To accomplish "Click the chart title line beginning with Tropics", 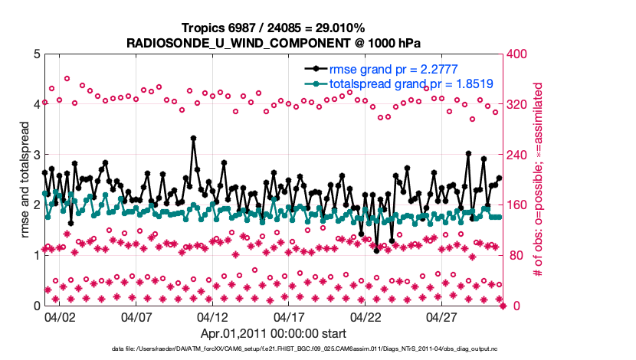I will point(273,28).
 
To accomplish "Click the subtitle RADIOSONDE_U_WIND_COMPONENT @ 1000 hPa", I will point(273,42).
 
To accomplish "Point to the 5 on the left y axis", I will point(34,54).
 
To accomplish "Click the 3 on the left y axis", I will point(34,155).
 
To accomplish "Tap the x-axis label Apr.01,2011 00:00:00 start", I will point(273,333).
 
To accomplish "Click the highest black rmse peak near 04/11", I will point(193,139).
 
